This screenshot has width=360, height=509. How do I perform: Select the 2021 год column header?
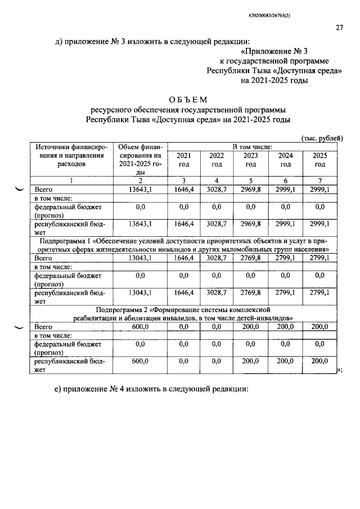[x=183, y=160]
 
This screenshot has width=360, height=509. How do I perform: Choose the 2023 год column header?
[x=251, y=160]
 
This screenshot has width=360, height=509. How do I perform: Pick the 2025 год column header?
[x=319, y=160]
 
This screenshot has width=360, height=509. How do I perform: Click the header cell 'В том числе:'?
[x=251, y=146]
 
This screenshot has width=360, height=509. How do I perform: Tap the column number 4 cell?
[x=217, y=180]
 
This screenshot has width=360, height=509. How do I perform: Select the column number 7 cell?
[x=319, y=180]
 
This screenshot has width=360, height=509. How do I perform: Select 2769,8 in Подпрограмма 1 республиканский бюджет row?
[x=251, y=292]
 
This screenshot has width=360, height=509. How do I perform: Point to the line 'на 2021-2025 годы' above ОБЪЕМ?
[x=274, y=81]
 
